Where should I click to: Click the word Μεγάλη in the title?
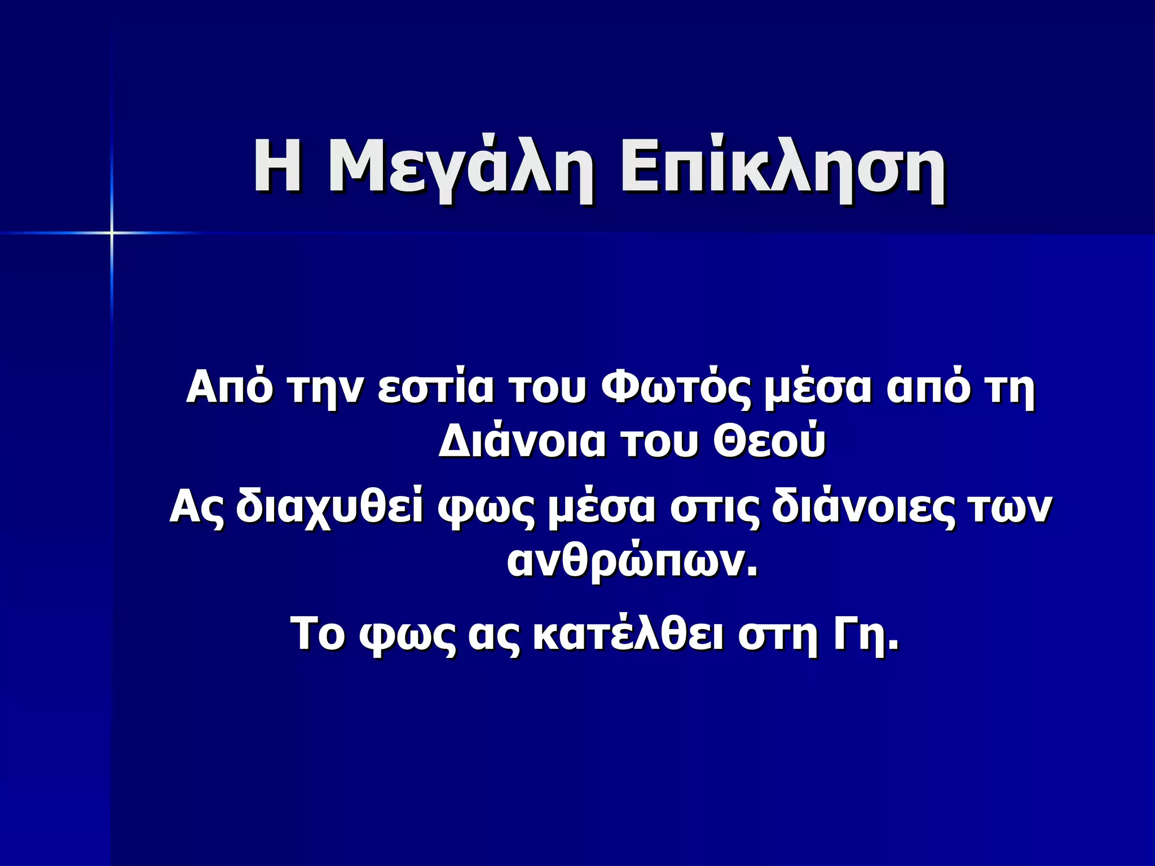pos(459,169)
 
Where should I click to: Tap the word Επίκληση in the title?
pos(783,169)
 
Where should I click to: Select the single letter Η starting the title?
pos(277,166)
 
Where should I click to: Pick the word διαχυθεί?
pos(329,507)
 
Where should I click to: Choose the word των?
pos(1009,507)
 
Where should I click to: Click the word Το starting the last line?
pos(317,634)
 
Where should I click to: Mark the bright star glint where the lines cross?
pos(112,232)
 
